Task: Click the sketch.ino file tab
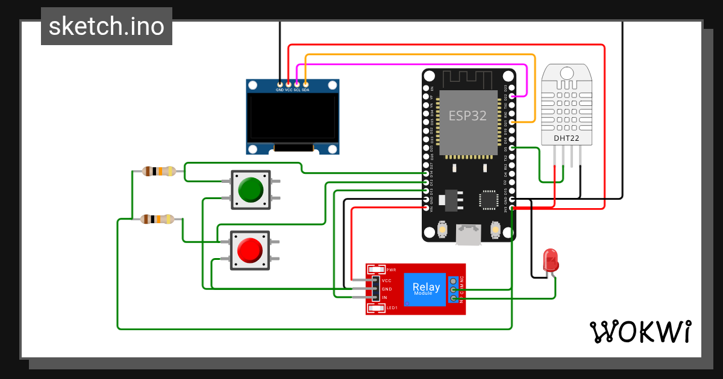107,26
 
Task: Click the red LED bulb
551,260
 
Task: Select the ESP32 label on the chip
468,116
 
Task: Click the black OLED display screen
292,116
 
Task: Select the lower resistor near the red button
158,219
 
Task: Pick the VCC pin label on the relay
387,281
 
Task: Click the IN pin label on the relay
384,298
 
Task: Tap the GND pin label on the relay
387,289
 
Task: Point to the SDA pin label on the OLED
305,90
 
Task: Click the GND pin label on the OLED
280,90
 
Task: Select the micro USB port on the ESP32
469,235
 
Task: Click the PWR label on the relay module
391,270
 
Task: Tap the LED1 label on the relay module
392,308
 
